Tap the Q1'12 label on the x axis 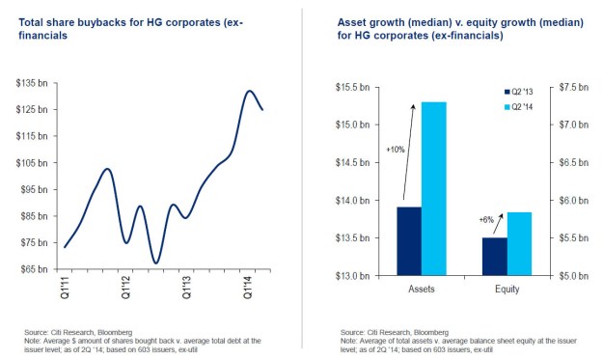[x=125, y=287]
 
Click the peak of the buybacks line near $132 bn [x=249, y=92]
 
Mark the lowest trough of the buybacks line [x=155, y=262]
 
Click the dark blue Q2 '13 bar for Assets [x=408, y=241]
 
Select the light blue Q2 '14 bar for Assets [x=433, y=188]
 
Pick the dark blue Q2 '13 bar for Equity [x=494, y=256]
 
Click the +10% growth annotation [x=396, y=150]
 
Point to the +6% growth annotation [x=487, y=220]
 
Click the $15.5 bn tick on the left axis [x=357, y=87]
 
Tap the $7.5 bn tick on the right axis [x=563, y=87]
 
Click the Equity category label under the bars [x=506, y=288]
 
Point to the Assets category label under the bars [x=421, y=288]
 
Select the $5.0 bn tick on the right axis [x=563, y=276]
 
